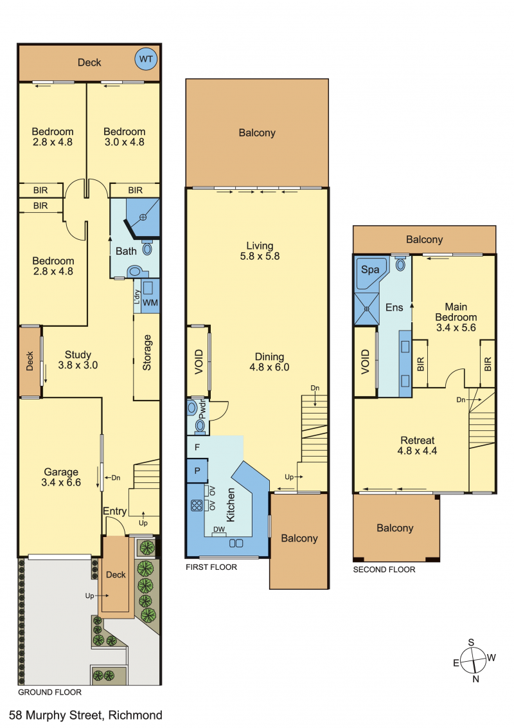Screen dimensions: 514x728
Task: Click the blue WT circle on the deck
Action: click(x=146, y=59)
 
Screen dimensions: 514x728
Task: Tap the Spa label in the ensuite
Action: click(x=369, y=269)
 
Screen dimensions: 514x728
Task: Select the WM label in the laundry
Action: click(x=150, y=303)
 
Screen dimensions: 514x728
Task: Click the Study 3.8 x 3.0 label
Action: click(x=78, y=360)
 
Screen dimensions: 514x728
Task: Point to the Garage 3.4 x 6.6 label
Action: click(x=61, y=477)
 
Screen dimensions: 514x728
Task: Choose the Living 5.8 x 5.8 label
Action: click(x=260, y=251)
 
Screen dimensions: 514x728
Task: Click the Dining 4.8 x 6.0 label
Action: click(x=269, y=361)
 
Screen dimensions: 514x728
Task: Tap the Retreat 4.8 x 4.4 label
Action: click(x=417, y=445)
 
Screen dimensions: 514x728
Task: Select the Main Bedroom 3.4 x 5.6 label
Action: click(x=456, y=317)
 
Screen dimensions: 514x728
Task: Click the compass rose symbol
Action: click(x=473, y=660)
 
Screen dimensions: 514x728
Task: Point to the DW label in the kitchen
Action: click(x=219, y=529)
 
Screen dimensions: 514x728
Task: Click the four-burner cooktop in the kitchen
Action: click(x=197, y=505)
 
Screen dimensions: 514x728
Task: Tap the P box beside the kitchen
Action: click(x=197, y=471)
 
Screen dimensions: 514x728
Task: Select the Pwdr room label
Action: click(x=202, y=410)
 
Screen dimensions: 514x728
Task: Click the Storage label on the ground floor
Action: click(x=147, y=352)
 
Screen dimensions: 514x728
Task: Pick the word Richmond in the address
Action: click(x=136, y=715)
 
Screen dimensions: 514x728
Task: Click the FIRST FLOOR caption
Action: click(x=211, y=567)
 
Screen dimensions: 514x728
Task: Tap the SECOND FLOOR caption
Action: click(x=384, y=570)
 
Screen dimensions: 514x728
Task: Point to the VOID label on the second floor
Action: click(x=365, y=361)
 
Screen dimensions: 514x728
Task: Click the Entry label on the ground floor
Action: click(x=114, y=511)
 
